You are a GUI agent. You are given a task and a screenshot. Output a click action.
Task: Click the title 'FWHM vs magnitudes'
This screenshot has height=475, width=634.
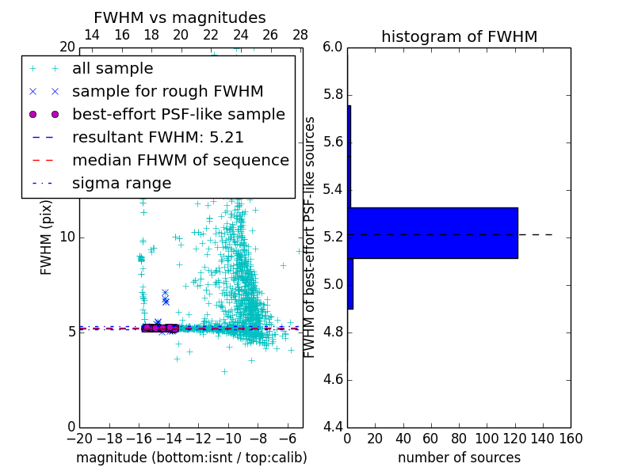(179, 17)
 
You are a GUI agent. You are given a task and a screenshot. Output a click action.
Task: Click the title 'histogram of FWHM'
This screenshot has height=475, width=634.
(459, 36)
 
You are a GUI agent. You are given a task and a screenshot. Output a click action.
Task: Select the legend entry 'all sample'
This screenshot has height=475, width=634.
(113, 69)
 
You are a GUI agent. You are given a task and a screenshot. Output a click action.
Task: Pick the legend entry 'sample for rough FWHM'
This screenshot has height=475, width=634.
(167, 92)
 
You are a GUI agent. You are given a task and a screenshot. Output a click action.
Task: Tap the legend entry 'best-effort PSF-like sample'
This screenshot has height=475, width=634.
(178, 115)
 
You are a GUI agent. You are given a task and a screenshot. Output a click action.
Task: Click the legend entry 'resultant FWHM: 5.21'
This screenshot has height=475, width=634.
(158, 138)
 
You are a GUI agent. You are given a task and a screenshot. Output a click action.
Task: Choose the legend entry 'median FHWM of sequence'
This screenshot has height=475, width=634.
(180, 161)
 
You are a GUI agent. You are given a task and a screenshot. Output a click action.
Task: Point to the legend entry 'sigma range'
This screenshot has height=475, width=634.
(121, 184)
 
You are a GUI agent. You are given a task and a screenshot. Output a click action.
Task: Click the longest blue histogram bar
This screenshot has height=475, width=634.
(433, 233)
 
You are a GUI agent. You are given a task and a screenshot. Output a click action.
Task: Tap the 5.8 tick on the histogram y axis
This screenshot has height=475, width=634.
(333, 95)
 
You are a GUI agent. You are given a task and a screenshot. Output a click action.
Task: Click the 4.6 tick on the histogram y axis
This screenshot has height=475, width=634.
(333, 380)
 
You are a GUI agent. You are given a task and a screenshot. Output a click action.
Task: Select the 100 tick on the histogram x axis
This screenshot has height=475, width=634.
(487, 438)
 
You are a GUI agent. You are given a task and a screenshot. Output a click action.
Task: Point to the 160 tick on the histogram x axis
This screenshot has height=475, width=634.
(571, 438)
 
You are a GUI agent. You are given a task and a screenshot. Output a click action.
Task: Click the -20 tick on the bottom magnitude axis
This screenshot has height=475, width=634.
(79, 438)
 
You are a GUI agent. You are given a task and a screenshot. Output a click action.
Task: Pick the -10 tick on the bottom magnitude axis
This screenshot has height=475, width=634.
(228, 438)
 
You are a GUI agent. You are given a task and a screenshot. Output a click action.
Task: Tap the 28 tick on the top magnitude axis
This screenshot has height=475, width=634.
(300, 36)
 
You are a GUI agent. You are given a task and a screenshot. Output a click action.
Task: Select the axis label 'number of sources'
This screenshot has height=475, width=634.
(459, 458)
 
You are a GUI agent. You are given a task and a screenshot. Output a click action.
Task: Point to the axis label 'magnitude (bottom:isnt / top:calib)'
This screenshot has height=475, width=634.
(191, 458)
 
